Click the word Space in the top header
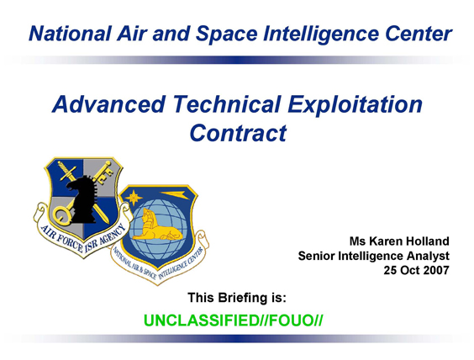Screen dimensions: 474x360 coord(226,34)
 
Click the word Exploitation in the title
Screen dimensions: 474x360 coord(355,104)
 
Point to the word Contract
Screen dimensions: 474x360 coord(238,133)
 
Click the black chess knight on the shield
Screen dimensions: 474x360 coord(82,199)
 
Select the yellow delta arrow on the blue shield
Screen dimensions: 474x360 coord(175,195)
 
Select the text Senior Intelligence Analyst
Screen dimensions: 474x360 coord(374,256)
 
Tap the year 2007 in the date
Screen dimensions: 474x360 coord(436,270)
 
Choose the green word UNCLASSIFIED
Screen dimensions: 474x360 coord(202,320)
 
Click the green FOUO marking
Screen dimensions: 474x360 coord(290,320)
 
